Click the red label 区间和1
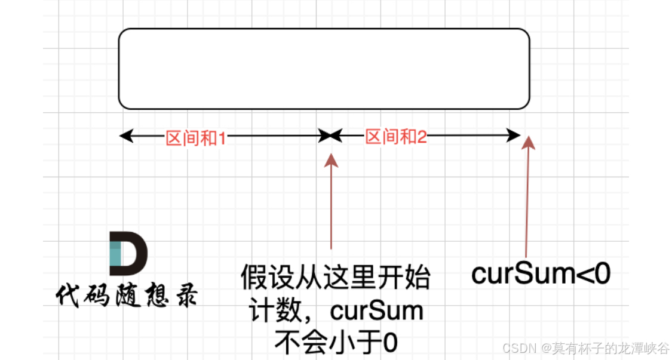(196, 138)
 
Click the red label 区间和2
(396, 137)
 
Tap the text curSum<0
(541, 274)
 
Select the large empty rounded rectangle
(324, 69)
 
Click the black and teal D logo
(128, 251)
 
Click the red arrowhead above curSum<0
(529, 142)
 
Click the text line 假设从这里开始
(335, 278)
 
